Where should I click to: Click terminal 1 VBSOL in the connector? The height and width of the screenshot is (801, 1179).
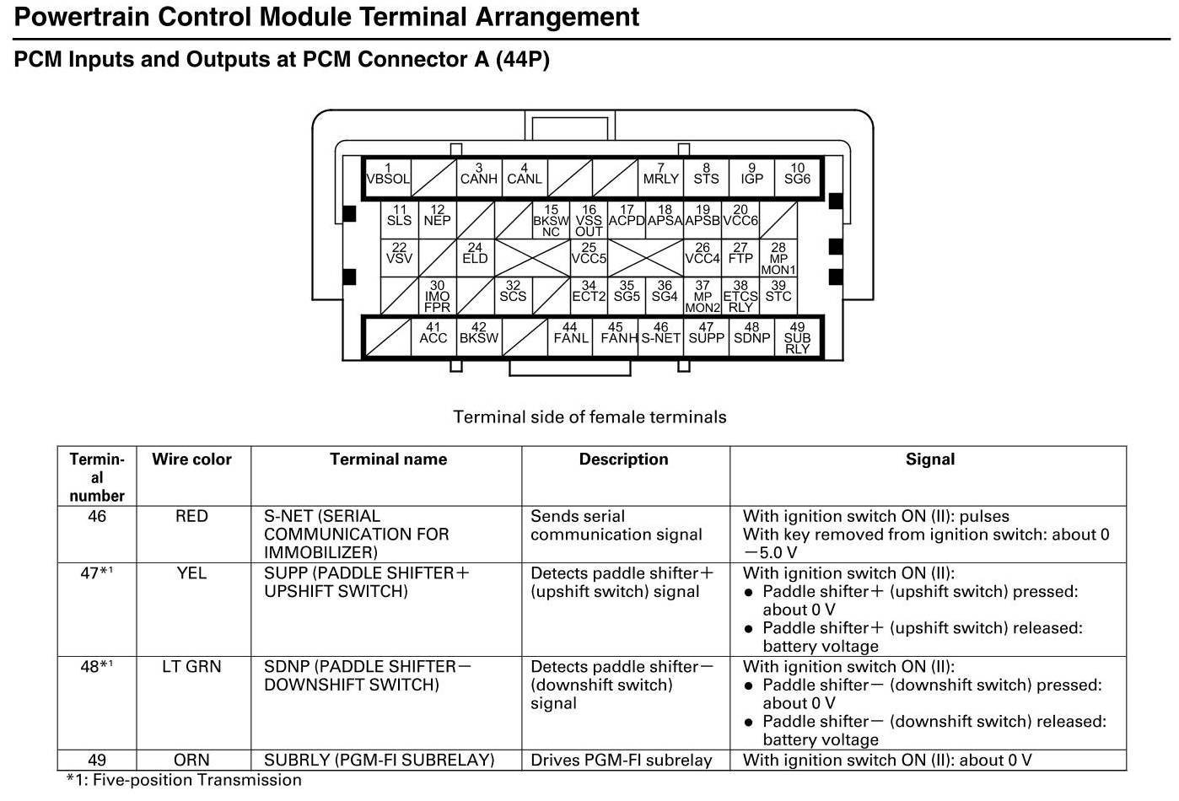387,175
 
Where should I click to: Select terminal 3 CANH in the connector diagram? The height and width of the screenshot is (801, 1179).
478,175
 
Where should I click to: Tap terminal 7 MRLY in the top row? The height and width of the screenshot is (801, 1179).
660,175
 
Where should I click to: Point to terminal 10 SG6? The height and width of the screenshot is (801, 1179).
797,175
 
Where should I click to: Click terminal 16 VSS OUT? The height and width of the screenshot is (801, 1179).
589,221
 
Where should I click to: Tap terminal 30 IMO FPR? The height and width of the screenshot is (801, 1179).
437,297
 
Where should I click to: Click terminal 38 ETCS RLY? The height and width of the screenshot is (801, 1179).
740,297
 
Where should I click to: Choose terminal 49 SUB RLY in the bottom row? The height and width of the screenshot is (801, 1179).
797,337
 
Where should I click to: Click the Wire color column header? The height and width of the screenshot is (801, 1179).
191,460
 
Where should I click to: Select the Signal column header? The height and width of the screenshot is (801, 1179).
929,460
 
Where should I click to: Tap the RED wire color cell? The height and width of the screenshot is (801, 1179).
191,516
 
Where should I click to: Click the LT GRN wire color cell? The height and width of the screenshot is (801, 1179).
191,667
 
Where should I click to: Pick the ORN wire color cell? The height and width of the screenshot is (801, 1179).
191,760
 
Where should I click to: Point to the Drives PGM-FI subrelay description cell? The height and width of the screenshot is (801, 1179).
622,760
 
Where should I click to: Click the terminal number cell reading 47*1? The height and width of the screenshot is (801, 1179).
97,573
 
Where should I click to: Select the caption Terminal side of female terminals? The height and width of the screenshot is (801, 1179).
589,417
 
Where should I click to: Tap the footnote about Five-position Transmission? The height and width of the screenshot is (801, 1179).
184,780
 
